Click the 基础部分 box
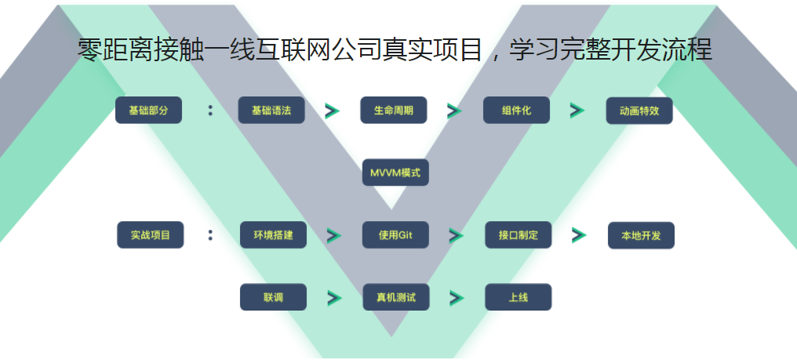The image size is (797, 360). pos(148,111)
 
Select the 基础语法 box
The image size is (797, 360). pos(271,111)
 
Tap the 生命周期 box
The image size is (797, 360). pos(393,111)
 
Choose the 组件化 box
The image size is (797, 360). pos(516,111)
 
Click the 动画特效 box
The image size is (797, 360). pos(639,111)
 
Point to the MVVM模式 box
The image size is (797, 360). pos(395,173)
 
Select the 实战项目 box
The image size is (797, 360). pos(150,235)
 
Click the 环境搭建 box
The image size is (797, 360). pos(273,235)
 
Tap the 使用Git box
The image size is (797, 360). pos(395,235)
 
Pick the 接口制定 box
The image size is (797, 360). pos(518,235)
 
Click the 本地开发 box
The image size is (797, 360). pos(641,235)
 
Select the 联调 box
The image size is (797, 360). pos(273,297)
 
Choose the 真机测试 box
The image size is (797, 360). pos(395,297)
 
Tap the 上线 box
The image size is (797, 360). pos(518,297)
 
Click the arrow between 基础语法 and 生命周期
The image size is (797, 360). pos(332,111)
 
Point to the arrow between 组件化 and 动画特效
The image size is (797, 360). pos(577,111)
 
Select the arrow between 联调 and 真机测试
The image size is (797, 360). pos(335,297)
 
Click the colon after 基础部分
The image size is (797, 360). pos(210,111)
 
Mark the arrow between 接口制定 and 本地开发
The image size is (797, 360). pos(579,235)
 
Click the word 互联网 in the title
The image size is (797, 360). pos(292,49)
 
